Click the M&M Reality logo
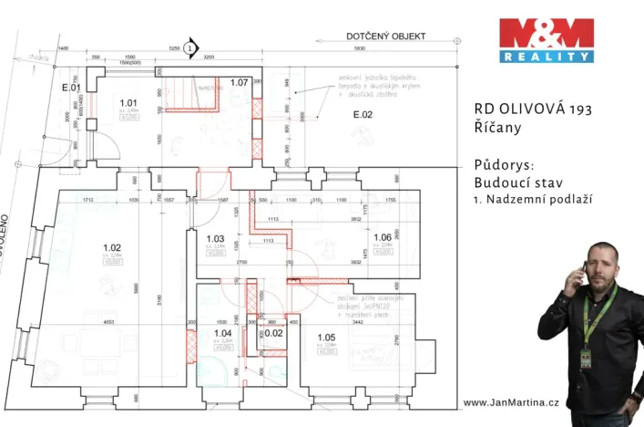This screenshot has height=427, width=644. (x=546, y=40)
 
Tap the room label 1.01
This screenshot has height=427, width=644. (x=128, y=103)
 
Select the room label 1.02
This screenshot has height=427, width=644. (x=112, y=247)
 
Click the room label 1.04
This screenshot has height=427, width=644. (x=222, y=334)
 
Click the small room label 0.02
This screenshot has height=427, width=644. (x=273, y=334)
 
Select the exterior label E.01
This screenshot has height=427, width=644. (x=71, y=89)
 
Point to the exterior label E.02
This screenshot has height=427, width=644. (x=363, y=115)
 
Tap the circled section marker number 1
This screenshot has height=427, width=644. (x=189, y=47)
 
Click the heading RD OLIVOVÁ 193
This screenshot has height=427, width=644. (x=533, y=109)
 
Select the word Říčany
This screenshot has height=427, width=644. (x=497, y=128)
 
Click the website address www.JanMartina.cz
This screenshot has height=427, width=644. (x=510, y=402)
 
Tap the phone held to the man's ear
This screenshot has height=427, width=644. (x=575, y=271)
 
